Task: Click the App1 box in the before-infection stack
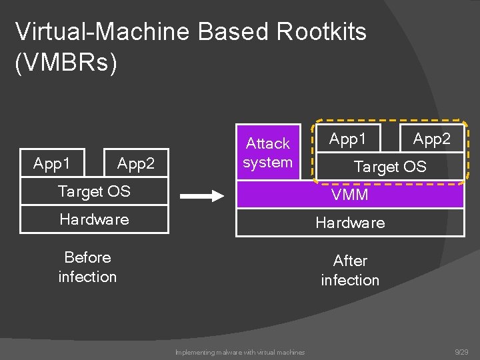click(53, 163)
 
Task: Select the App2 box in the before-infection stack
click(136, 163)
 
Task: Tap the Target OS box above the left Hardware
click(94, 191)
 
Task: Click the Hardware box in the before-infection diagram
click(94, 219)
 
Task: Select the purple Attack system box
click(267, 153)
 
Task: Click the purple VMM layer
click(350, 195)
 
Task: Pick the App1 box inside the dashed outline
click(348, 139)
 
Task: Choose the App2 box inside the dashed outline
click(431, 139)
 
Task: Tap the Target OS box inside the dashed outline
click(390, 166)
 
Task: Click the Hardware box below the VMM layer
click(350, 223)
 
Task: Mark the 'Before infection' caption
click(87, 267)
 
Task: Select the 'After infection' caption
click(350, 270)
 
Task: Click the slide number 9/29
click(461, 351)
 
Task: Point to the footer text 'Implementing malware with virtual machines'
click(240, 352)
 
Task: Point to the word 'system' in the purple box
click(267, 162)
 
